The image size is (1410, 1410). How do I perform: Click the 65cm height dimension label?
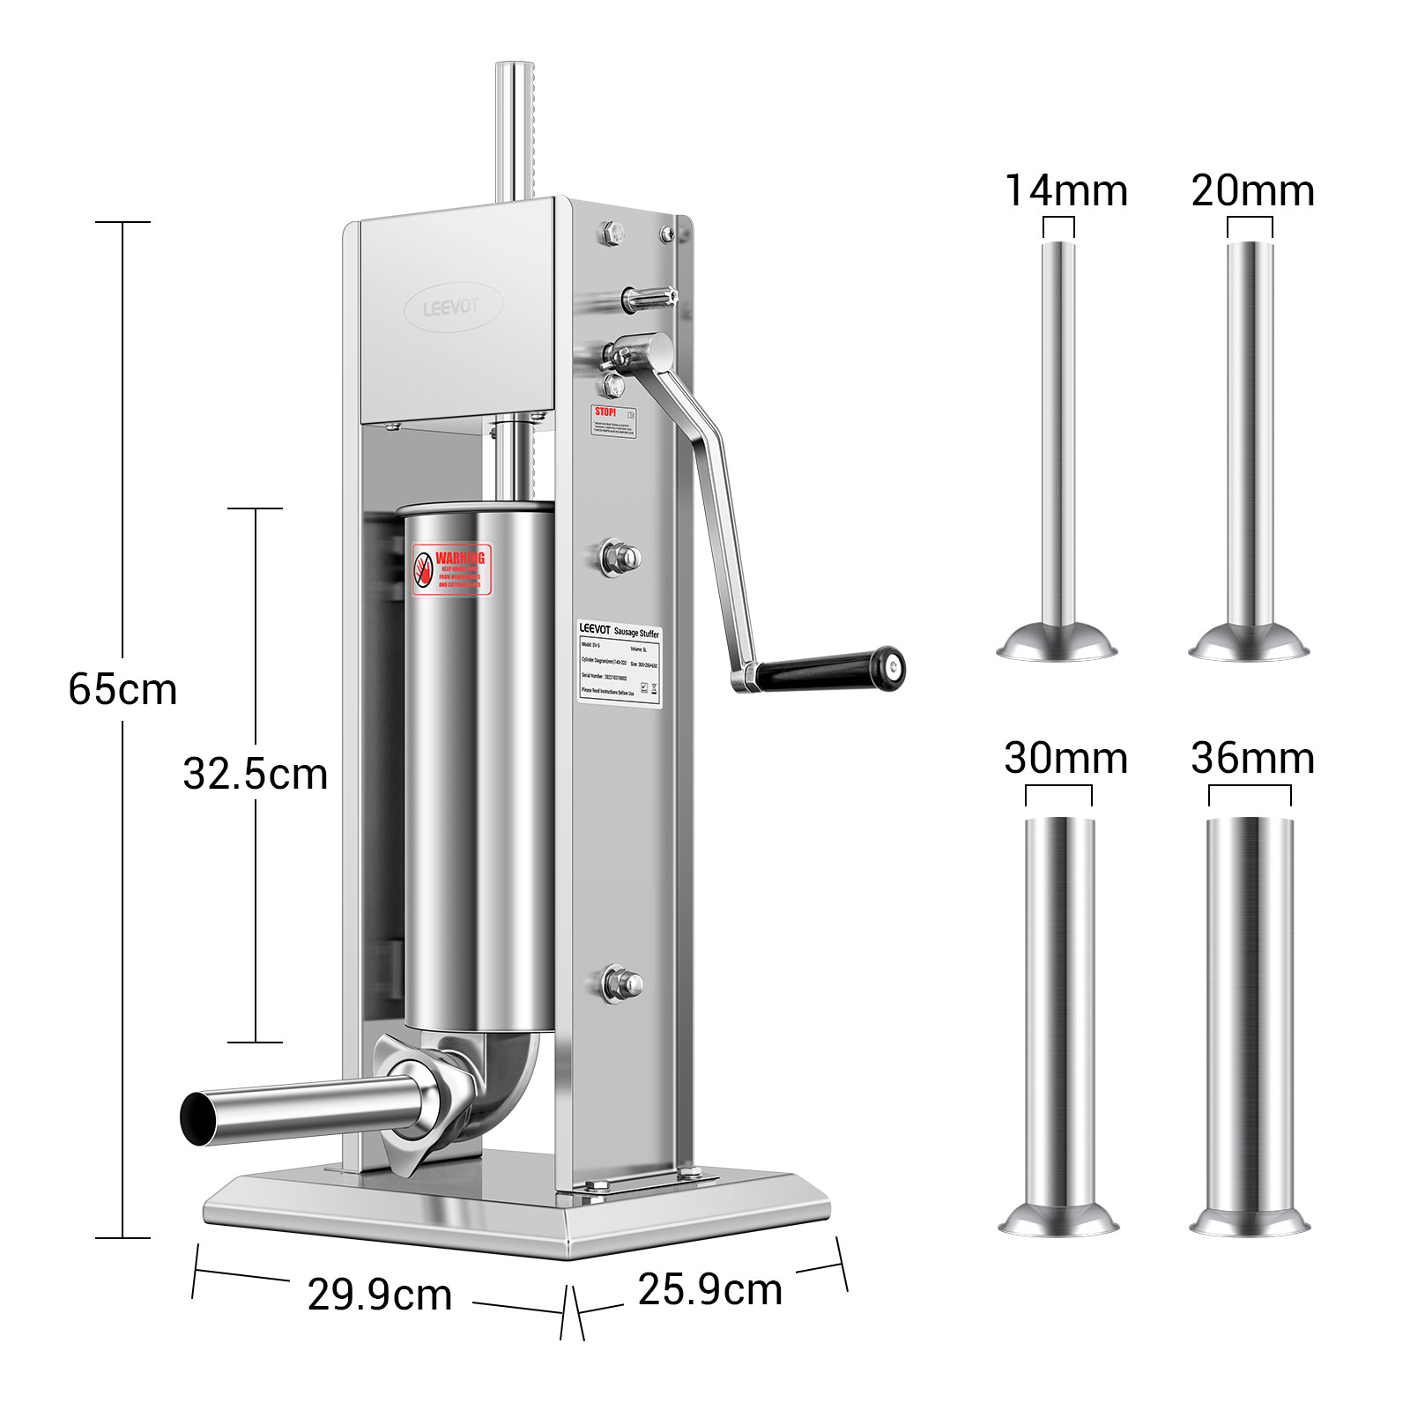point(122,689)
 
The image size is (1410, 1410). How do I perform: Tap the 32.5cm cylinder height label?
point(255,775)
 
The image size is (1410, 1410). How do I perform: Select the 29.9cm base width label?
point(380,1295)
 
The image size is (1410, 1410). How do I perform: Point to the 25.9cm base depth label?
point(710,1289)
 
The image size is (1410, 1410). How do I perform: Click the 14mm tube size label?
point(1065,191)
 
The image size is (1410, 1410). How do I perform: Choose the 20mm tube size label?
point(1252,191)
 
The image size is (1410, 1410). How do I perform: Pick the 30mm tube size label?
point(1065,758)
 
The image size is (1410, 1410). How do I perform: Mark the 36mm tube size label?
point(1252,758)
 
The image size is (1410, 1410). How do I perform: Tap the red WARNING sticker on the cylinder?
point(452,569)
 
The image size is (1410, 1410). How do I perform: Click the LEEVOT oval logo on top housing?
point(453,307)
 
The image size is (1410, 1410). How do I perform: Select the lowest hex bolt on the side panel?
point(620,982)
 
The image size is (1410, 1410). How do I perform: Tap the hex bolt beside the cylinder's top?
point(620,556)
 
